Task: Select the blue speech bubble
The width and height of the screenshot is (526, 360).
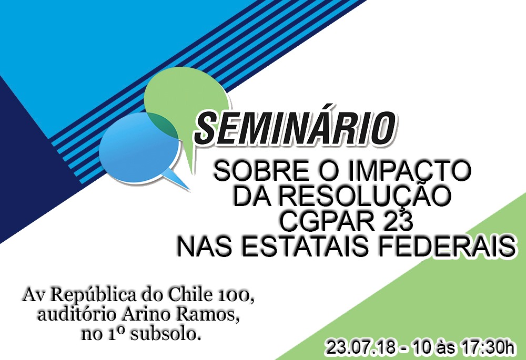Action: coord(139,148)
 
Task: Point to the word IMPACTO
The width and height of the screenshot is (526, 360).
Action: coord(409,171)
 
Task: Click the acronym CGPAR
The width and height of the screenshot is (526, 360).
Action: coord(327,222)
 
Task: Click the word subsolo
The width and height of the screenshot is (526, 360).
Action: coord(166,334)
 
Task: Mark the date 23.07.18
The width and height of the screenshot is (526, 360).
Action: coord(361,347)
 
